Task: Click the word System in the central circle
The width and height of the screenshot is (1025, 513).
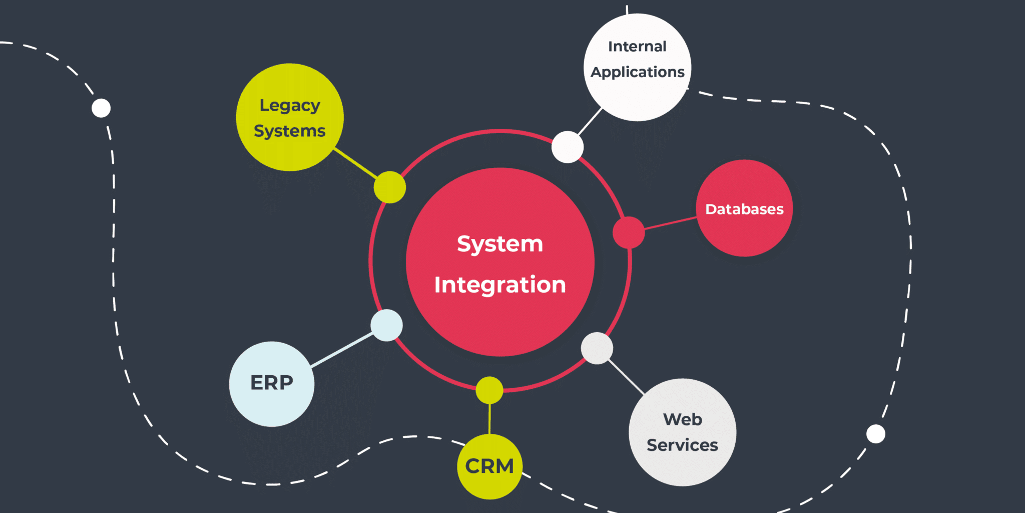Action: [x=499, y=244]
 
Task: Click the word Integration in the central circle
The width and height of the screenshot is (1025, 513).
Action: [x=499, y=285]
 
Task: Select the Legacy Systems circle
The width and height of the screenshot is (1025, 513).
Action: [x=289, y=117]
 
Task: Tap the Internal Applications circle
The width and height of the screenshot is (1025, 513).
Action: [x=637, y=67]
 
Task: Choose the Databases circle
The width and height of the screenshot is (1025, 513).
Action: [x=744, y=208]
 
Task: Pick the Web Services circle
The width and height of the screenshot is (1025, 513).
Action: [x=682, y=432]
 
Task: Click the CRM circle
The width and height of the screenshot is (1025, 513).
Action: [x=489, y=466]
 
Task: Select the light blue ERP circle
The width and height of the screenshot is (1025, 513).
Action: [x=271, y=384]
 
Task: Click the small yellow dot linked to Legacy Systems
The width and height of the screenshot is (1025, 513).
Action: [x=389, y=187]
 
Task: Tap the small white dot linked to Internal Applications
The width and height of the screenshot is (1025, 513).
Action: [x=567, y=147]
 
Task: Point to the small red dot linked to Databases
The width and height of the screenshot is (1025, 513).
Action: [x=629, y=232]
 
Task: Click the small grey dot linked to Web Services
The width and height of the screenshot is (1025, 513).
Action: [x=597, y=348]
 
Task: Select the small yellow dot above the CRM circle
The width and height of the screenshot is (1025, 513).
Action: [x=489, y=390]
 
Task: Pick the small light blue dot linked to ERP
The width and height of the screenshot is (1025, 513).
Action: [x=386, y=325]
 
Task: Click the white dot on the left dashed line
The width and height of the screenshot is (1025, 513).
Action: [x=101, y=108]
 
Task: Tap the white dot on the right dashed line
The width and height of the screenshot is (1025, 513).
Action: [x=875, y=434]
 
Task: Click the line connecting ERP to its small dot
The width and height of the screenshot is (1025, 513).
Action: [x=342, y=350]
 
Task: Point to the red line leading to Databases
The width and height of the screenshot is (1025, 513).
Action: [x=670, y=223]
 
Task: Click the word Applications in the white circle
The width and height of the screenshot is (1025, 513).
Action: [x=637, y=72]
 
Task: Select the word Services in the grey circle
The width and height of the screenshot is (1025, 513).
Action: [x=682, y=445]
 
